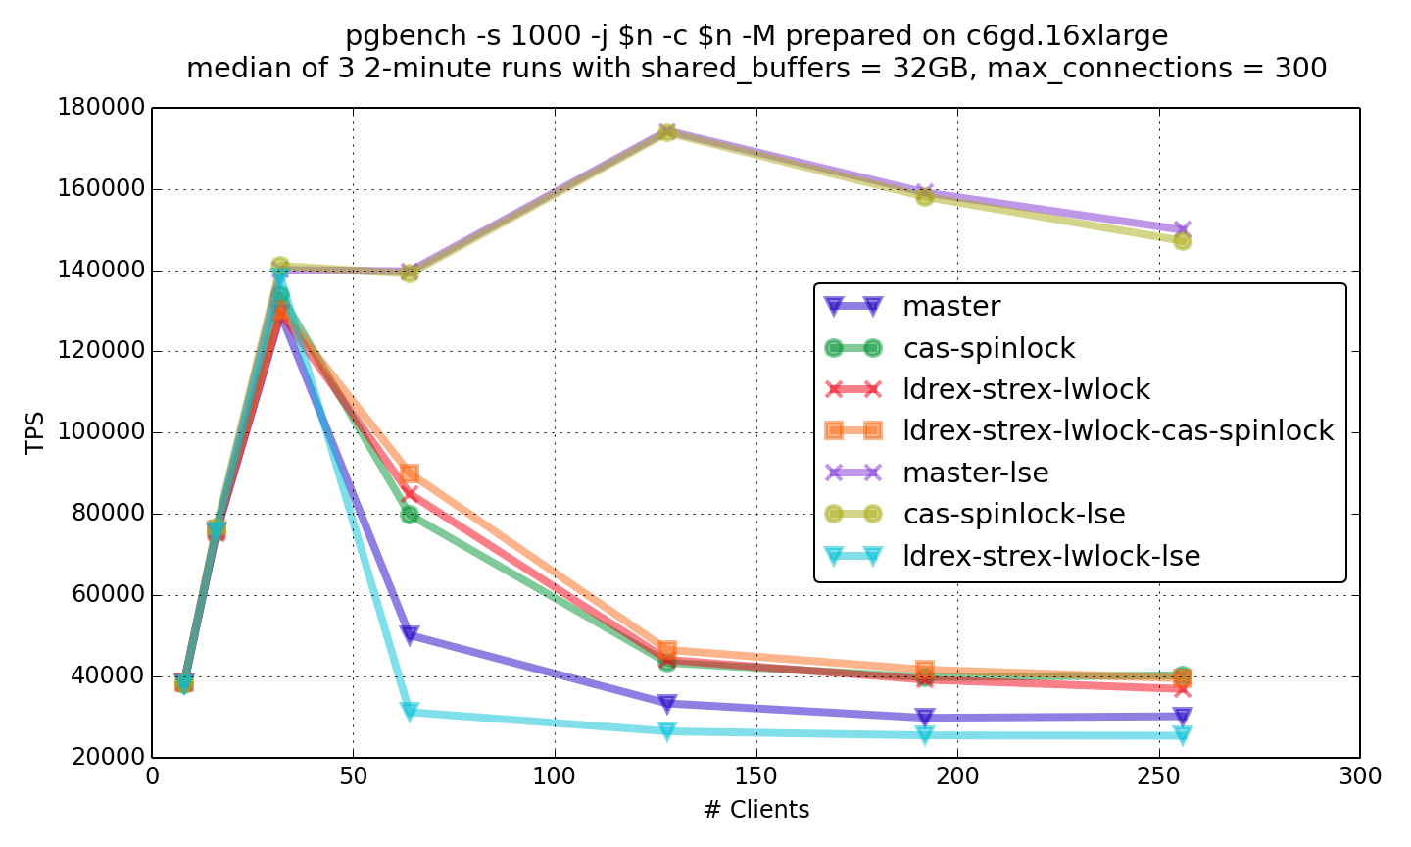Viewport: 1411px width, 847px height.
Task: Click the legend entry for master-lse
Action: pos(975,473)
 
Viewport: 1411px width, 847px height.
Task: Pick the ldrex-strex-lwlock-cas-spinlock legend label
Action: pos(1117,431)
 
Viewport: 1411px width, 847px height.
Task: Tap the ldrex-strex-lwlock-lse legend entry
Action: pos(1050,557)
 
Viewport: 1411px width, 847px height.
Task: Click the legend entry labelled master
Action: pos(951,307)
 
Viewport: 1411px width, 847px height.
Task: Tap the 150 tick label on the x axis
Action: pos(755,777)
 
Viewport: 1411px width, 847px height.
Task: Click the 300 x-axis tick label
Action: pos(1360,777)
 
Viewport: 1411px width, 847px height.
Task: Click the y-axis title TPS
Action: pos(35,432)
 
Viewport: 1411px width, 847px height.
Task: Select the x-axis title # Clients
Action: pos(755,810)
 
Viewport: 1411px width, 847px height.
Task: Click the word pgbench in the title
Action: pos(390,37)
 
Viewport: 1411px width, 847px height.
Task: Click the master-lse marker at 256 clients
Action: pos(1183,229)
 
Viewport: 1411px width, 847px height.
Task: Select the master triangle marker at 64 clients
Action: pos(410,634)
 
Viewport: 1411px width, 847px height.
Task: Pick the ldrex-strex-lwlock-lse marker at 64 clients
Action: pos(410,712)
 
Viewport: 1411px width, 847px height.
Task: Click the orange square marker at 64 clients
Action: pos(410,474)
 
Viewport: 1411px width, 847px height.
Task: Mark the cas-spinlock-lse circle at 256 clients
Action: pos(1183,241)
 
